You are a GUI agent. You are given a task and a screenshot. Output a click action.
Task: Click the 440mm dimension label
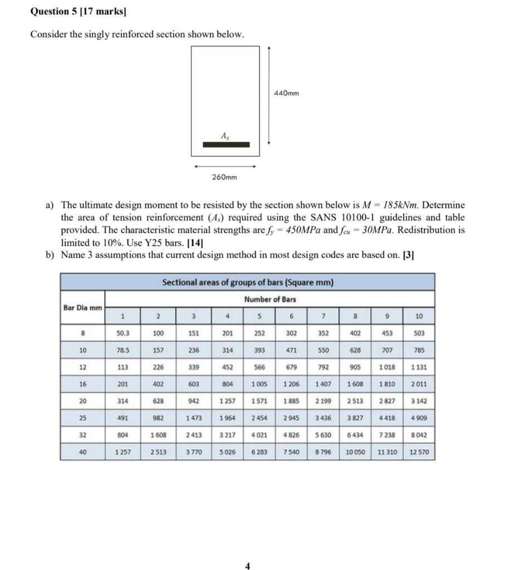(286, 93)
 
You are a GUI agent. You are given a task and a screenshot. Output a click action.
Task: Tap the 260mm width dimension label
(224, 178)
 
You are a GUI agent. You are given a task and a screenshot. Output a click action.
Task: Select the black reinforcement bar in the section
(226, 145)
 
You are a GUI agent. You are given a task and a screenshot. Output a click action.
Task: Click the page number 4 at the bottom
(247, 566)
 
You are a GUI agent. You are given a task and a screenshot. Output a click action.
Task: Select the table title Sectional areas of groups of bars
(247, 282)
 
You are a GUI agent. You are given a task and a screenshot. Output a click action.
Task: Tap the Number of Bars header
(270, 299)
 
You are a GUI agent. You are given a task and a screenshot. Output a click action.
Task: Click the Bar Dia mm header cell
(82, 307)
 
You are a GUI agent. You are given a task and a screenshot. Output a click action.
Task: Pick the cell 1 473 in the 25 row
(191, 418)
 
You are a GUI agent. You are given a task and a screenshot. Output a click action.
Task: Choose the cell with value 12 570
(419, 452)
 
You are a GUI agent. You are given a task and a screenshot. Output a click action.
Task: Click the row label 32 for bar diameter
(82, 435)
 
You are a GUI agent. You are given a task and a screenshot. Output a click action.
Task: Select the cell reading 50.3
(122, 333)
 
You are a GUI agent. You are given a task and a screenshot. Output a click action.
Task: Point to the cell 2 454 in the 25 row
(259, 418)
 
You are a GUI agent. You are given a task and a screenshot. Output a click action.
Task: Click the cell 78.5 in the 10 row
(122, 350)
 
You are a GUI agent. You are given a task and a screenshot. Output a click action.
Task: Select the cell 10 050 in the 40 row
(355, 452)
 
